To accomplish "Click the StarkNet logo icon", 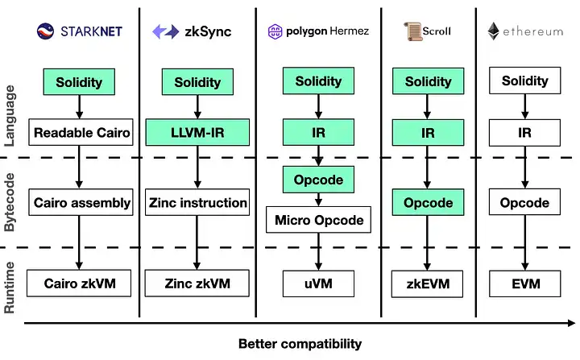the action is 45,31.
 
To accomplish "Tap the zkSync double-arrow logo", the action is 166,31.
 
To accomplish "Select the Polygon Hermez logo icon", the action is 275,32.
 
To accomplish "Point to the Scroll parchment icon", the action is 412,31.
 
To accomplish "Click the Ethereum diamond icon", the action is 494,31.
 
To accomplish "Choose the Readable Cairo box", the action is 81,132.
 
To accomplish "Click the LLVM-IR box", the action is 197,132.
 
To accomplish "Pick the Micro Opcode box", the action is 318,220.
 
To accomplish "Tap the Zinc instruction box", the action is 197,202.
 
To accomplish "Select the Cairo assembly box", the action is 81,202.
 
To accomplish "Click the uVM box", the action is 318,283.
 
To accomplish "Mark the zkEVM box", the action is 427,283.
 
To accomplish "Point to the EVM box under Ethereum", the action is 525,283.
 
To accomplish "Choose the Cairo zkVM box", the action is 79,283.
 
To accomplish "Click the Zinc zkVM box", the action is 197,283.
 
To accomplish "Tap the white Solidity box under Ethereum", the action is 525,81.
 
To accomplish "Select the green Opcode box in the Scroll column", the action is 428,202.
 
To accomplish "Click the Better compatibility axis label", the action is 300,344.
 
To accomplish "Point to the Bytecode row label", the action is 10,202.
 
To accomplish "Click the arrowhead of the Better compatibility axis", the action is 571,323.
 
